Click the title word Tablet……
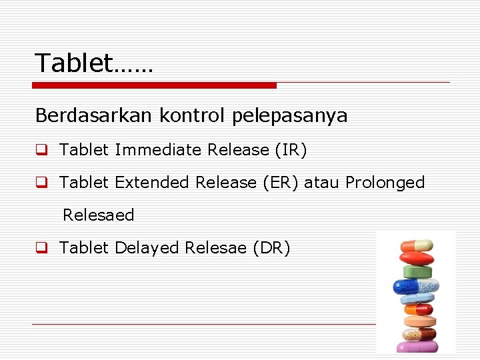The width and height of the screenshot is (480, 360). [x=94, y=63]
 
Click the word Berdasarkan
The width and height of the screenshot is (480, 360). [x=93, y=116]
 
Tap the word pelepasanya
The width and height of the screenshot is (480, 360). [x=290, y=117]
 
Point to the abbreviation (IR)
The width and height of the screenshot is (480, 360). [x=290, y=150]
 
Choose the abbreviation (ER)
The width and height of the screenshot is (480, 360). [x=279, y=183]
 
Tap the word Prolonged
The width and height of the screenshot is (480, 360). [x=385, y=183]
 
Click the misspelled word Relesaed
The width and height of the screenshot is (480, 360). [x=98, y=215]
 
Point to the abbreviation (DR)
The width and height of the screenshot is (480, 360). [x=271, y=248]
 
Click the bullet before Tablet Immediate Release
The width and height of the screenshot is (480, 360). [x=41, y=151]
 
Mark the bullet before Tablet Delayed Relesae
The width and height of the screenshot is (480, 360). [x=41, y=249]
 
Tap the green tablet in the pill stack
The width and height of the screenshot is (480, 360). [x=417, y=272]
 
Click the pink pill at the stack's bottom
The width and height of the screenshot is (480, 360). [x=417, y=347]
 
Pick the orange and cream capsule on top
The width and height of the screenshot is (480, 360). [x=416, y=245]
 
